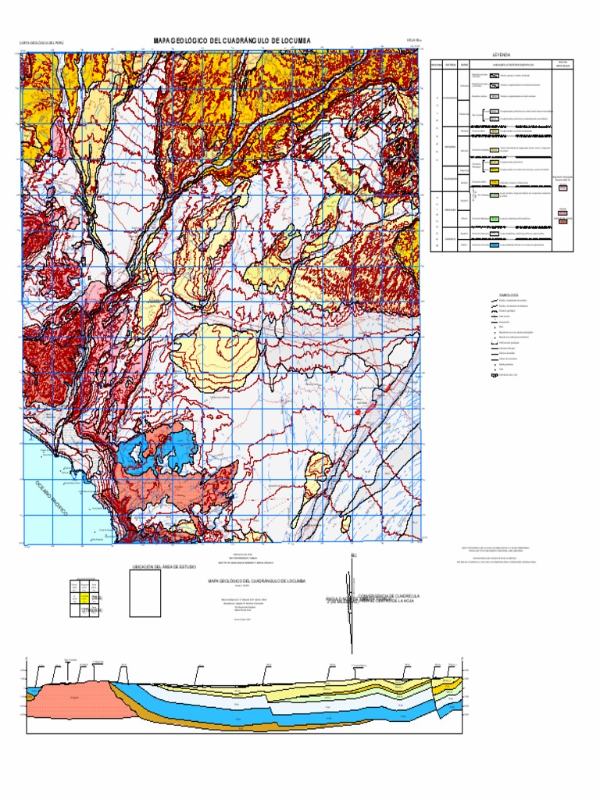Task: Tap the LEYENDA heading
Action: (502, 55)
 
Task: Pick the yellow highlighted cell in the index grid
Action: (85, 598)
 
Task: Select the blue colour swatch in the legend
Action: (494, 244)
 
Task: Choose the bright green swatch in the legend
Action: (494, 193)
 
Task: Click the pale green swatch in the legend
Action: (494, 217)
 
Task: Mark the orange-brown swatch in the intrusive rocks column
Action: (562, 222)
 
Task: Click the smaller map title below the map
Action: (256, 581)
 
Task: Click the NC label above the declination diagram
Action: (353, 556)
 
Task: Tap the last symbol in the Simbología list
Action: (494, 376)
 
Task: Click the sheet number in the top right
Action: (413, 44)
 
